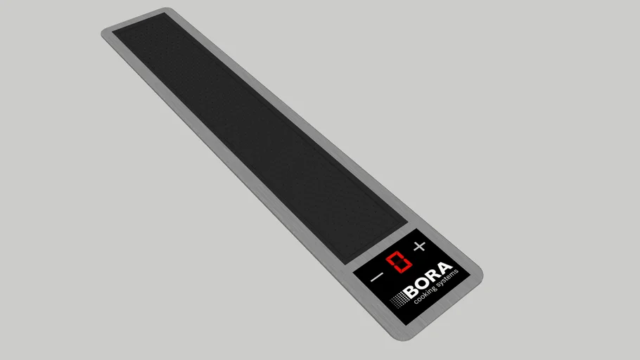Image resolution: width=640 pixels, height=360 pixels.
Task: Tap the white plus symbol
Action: [420, 246]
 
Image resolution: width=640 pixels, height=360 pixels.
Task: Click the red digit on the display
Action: [399, 262]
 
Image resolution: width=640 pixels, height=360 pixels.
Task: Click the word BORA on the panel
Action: [428, 280]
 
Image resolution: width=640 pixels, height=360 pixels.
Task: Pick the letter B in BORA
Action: [411, 291]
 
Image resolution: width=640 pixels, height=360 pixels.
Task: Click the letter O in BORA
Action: [423, 283]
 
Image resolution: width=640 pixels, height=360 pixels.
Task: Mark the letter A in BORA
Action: [445, 269]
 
